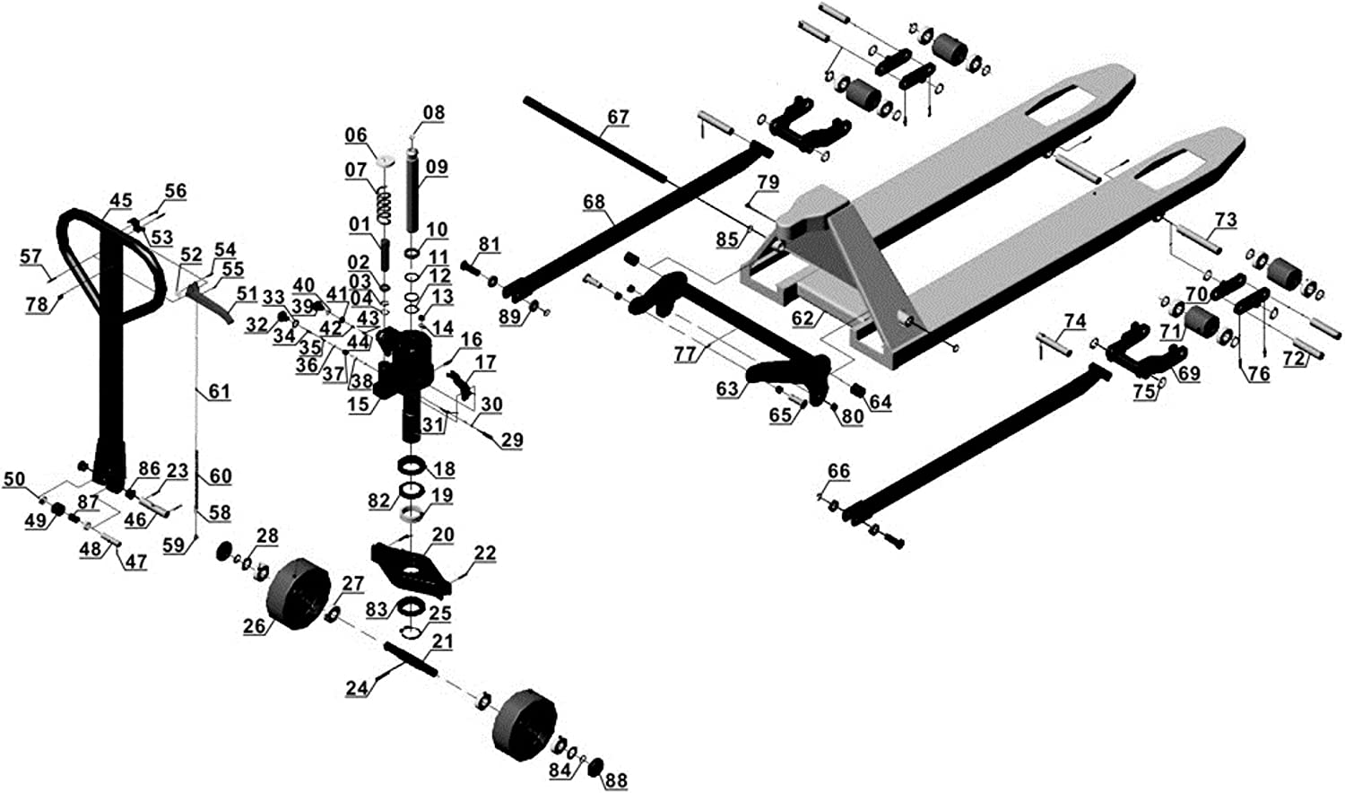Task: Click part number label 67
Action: pos(618,117)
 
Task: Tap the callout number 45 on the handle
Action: pos(120,201)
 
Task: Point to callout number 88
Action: pos(616,780)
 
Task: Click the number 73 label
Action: pos(1225,220)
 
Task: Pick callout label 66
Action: pos(838,471)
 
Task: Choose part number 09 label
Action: pos(437,167)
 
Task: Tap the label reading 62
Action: pos(803,318)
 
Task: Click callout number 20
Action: pos(443,535)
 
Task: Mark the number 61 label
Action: pos(219,391)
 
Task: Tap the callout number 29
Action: pos(512,440)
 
